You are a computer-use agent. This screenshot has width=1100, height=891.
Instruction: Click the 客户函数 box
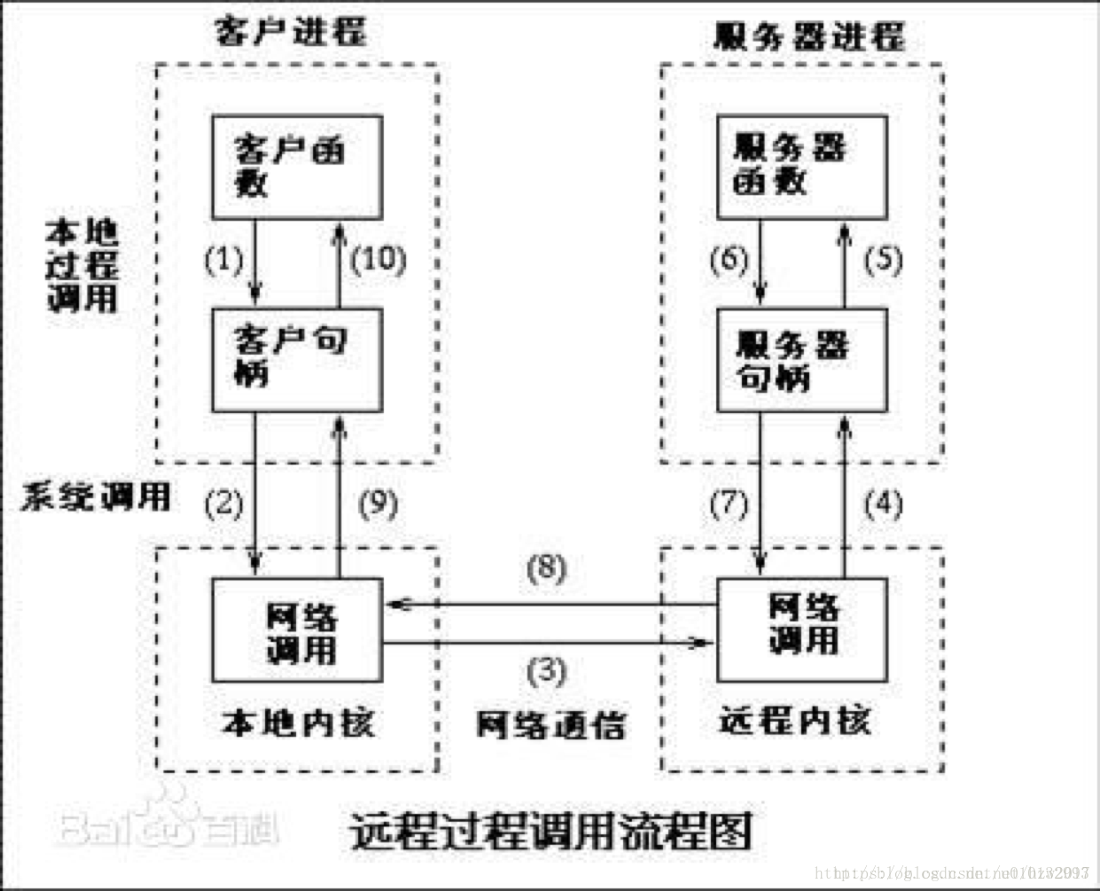[x=297, y=167]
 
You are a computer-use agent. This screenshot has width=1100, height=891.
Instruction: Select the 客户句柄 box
[x=297, y=359]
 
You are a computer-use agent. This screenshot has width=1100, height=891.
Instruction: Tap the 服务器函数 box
[x=801, y=167]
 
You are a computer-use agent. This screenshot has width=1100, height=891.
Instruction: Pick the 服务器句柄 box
[x=801, y=359]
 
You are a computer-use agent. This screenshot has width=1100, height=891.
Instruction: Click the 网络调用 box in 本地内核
[x=297, y=629]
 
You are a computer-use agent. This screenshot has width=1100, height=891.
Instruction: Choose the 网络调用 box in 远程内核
[x=801, y=629]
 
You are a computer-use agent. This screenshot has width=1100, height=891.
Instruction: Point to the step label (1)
[x=223, y=259]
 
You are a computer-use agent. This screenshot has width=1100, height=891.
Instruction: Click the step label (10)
[x=378, y=259]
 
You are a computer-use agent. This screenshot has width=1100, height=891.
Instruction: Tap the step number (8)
[x=546, y=567]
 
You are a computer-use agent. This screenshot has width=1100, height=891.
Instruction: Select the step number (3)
[x=546, y=670]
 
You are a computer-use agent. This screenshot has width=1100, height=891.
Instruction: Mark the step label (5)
[x=883, y=259]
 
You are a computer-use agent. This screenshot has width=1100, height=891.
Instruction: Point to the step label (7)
[x=729, y=504]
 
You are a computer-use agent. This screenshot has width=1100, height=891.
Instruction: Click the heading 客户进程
[x=291, y=32]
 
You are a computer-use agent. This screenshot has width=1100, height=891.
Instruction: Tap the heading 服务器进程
[x=808, y=35]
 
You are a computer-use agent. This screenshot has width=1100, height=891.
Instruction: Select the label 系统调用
[x=96, y=496]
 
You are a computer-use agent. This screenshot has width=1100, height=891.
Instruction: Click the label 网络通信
[x=550, y=724]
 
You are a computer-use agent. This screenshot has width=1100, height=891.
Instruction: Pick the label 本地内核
[x=297, y=723]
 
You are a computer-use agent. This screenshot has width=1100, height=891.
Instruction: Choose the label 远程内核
[x=794, y=720]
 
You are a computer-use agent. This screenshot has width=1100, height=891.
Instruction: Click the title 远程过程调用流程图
[x=550, y=831]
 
